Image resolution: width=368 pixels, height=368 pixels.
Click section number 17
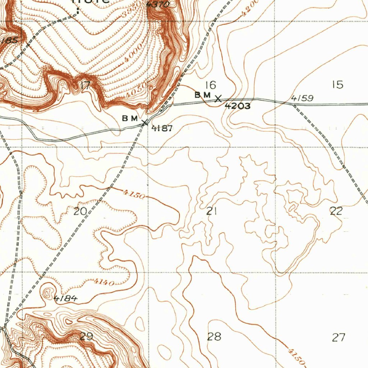coord(85,86)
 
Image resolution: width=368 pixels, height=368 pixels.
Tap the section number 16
coord(211,85)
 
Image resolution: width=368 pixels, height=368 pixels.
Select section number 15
coord(338,85)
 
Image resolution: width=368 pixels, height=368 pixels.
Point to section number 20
coord(80,211)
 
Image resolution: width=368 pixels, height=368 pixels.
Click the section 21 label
coord(211,211)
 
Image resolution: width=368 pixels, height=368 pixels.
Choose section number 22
coord(336,211)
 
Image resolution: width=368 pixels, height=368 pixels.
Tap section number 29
coord(87,337)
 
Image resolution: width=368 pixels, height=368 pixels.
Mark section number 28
coord(214,337)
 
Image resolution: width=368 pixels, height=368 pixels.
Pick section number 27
coord(339,337)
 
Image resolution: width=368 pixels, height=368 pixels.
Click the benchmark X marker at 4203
coord(218,98)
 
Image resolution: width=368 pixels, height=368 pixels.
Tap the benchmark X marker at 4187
coord(144,123)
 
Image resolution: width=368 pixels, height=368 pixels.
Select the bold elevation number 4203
coord(238,106)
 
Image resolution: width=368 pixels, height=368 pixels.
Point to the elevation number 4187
coord(162,128)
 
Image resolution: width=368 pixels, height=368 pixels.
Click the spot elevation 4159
coord(302,98)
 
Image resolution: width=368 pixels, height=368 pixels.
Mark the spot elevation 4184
coord(65,298)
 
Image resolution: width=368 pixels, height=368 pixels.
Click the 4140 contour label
coord(104,282)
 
